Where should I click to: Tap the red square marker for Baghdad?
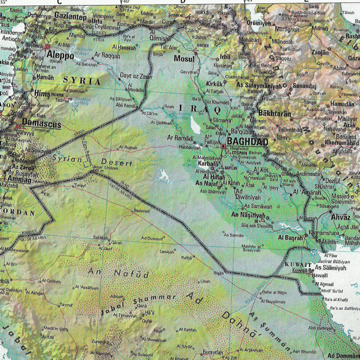click(223, 147)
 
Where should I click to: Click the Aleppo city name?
click(61, 55)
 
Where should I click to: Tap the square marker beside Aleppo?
click(47, 47)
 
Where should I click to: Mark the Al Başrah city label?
click(290, 237)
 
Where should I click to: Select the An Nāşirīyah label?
click(248, 215)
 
